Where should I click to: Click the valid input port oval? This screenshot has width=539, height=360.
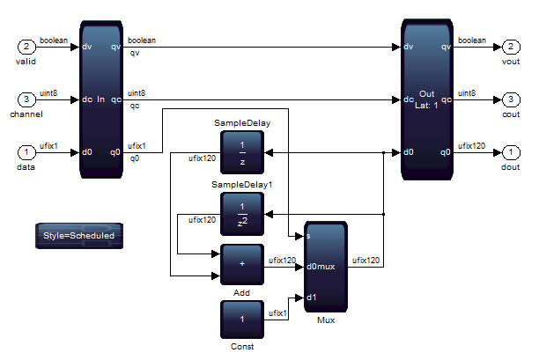click(x=28, y=46)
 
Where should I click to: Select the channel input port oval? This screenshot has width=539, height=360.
click(x=28, y=99)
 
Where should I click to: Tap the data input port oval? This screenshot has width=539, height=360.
click(x=28, y=152)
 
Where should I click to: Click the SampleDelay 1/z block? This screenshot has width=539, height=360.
click(x=242, y=152)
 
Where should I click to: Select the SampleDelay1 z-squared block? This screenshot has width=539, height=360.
click(x=242, y=213)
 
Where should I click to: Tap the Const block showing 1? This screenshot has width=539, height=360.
click(x=242, y=319)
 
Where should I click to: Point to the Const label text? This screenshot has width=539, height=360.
click(x=241, y=347)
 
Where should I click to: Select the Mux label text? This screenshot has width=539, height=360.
click(x=326, y=320)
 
